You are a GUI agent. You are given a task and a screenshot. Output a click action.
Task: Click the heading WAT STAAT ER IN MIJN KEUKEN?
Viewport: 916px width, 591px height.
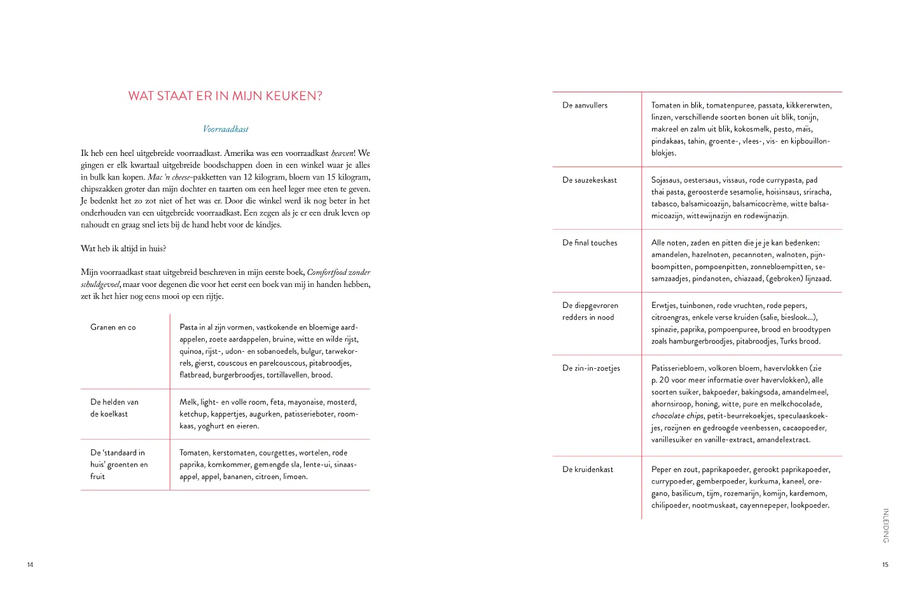[x=225, y=96]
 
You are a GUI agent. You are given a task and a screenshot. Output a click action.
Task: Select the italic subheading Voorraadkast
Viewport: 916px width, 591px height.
[x=225, y=129]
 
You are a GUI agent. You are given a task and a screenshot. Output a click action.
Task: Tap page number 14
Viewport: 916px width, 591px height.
[x=30, y=565]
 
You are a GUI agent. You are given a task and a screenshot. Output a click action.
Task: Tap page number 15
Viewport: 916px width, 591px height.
[x=885, y=565]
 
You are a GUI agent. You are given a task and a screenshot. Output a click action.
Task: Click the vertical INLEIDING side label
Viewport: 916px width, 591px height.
[x=885, y=525]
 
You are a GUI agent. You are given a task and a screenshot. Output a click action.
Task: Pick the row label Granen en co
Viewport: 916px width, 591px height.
[x=113, y=328]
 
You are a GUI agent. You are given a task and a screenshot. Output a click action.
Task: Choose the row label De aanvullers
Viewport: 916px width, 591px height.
[x=585, y=106]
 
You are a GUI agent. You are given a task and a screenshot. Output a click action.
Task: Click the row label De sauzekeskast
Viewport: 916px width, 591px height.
[x=589, y=180]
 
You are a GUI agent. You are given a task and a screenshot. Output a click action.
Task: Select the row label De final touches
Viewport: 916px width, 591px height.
[x=590, y=243]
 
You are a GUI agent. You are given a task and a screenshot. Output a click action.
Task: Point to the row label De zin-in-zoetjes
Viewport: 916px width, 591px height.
[x=591, y=368]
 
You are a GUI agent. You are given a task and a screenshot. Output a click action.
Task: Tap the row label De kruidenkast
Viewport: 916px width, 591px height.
[x=588, y=469]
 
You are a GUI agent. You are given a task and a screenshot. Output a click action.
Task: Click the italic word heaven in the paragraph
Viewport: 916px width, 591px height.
[x=342, y=153]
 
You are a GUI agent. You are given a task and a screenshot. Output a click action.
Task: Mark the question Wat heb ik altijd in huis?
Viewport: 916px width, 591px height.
[x=123, y=249]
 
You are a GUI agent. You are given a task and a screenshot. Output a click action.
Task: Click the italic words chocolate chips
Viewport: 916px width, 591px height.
[x=677, y=416]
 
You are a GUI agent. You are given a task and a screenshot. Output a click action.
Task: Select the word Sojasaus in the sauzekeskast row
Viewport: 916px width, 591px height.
[x=665, y=180]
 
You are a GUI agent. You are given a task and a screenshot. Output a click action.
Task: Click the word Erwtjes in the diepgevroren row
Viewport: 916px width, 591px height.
[x=664, y=306]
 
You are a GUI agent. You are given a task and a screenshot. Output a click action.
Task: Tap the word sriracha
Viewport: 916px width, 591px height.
[x=817, y=192]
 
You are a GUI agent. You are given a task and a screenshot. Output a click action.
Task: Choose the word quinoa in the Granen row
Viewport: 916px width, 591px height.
[x=190, y=351]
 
